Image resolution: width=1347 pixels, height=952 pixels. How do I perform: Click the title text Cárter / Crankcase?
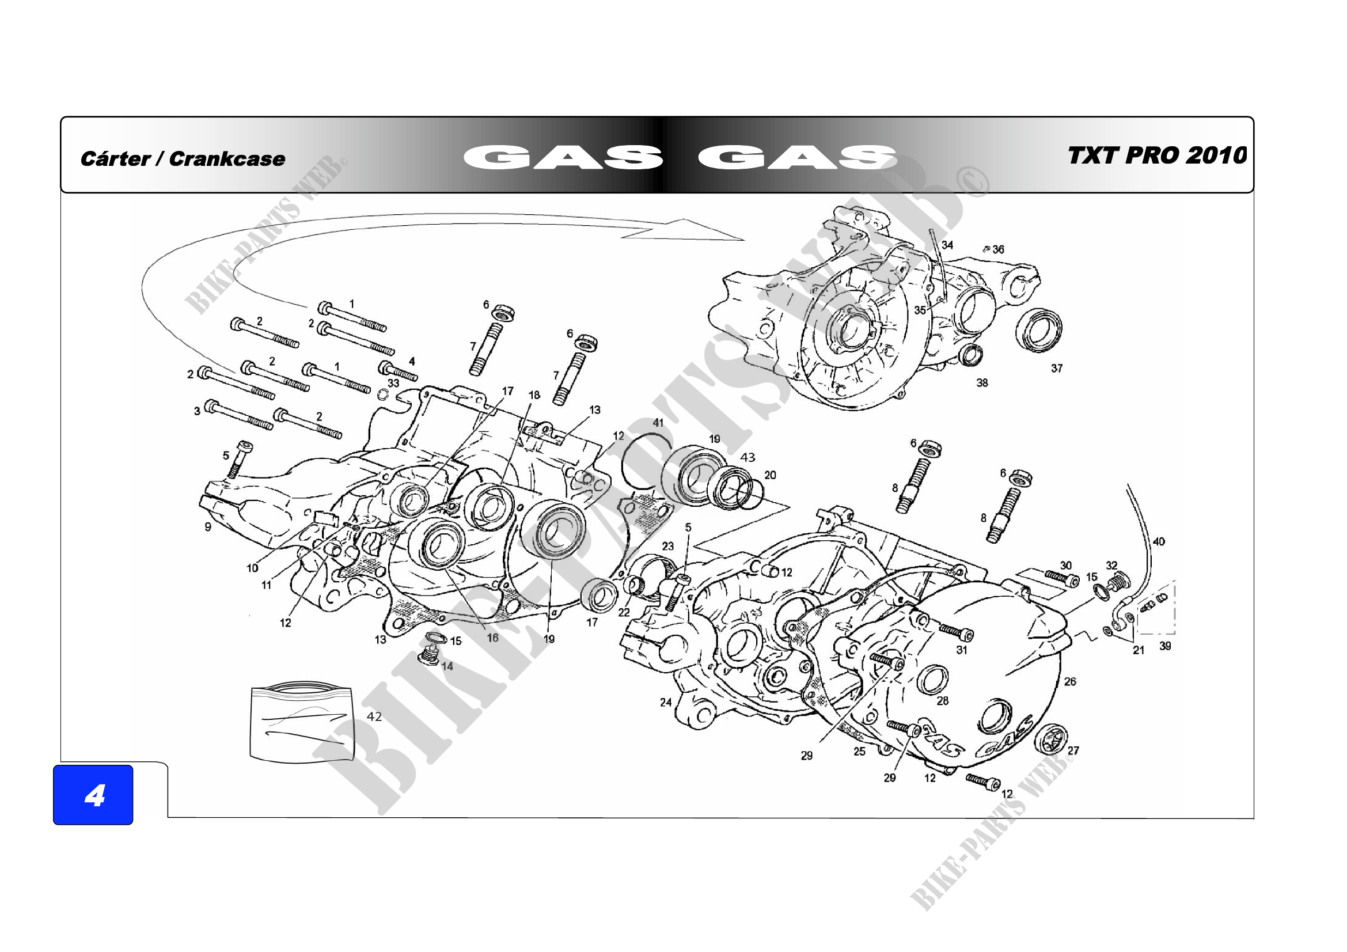click(183, 158)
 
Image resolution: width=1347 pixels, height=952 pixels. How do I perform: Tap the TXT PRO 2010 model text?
click(1156, 155)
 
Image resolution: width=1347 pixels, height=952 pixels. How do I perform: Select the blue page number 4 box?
click(93, 795)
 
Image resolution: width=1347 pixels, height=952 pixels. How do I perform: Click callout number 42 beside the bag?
click(374, 716)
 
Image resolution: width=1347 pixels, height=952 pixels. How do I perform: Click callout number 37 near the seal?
click(1057, 369)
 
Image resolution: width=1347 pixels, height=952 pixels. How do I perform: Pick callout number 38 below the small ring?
click(982, 383)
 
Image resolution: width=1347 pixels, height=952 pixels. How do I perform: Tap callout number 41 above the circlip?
click(658, 422)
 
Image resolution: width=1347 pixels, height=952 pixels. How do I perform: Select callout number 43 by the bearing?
click(748, 457)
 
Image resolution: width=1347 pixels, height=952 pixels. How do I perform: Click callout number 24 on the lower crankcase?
click(666, 702)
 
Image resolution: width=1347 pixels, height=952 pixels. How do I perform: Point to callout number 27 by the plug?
click(1073, 750)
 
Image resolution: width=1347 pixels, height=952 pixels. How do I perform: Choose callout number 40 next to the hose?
click(1159, 541)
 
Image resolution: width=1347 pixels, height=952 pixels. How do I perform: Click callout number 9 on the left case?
click(208, 527)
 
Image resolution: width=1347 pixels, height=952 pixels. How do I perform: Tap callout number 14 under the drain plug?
click(447, 666)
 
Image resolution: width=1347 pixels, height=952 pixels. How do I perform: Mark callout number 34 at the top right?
click(947, 245)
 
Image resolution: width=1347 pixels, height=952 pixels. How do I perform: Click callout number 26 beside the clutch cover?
click(1070, 681)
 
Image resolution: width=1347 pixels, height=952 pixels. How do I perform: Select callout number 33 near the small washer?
click(394, 383)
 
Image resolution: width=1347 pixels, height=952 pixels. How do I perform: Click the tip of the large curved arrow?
click(743, 240)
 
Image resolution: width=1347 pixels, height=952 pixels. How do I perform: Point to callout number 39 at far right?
click(1165, 646)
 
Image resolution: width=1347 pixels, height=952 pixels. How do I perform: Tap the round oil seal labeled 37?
click(1039, 330)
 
